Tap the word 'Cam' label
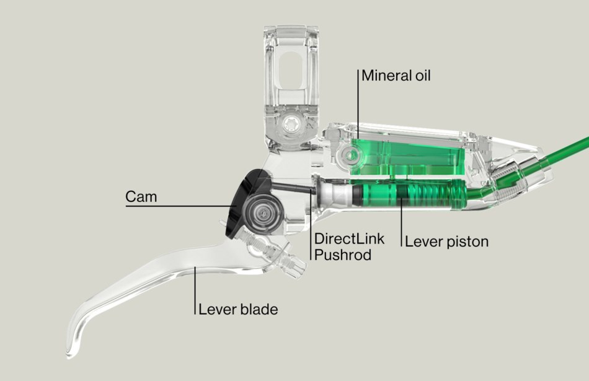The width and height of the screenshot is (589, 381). (141, 197)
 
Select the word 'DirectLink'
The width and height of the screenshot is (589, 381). (349, 239)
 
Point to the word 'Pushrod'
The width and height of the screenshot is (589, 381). (343, 254)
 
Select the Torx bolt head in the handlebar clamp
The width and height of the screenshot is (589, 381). (290, 126)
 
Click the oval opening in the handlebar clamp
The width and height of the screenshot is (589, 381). (294, 74)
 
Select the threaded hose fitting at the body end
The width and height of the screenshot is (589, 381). (512, 180)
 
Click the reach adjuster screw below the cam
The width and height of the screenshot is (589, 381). (279, 257)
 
